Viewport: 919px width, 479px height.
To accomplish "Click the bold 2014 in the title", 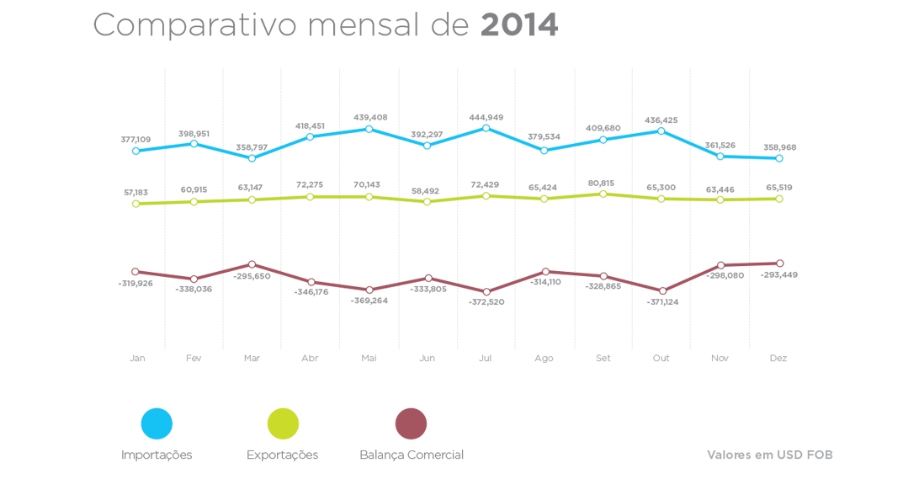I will pos(519,25).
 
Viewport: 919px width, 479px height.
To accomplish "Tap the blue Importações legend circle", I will pos(157,423).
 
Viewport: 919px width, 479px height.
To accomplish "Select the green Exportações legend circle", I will pos(283,423).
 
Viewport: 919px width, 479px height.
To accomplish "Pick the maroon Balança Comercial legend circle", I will pos(411,423).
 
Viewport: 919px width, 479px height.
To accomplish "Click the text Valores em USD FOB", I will pos(770,455).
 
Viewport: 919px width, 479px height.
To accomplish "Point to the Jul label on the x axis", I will pos(486,359).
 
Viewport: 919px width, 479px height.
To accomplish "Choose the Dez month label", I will pos(778,359).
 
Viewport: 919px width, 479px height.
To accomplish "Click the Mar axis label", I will pos(252,359).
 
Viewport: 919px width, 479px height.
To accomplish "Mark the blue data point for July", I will pos(486,128).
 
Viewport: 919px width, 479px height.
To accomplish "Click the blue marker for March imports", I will pos(252,157).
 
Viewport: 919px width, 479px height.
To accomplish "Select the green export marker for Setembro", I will pos(603,194).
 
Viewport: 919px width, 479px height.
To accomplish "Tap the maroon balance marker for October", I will pos(662,291).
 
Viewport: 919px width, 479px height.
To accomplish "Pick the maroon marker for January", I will pos(135,272).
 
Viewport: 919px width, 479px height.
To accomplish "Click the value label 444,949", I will pos(486,117).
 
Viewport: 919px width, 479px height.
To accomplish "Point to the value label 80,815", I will pos(603,183).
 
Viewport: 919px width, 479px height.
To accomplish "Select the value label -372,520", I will pos(486,302).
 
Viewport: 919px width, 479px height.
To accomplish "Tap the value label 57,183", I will pos(135,193).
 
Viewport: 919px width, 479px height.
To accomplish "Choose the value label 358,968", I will pos(779,147).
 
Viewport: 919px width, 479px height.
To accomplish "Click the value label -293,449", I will pos(779,275).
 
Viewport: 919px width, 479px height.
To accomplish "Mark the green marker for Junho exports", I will pos(428,201).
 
